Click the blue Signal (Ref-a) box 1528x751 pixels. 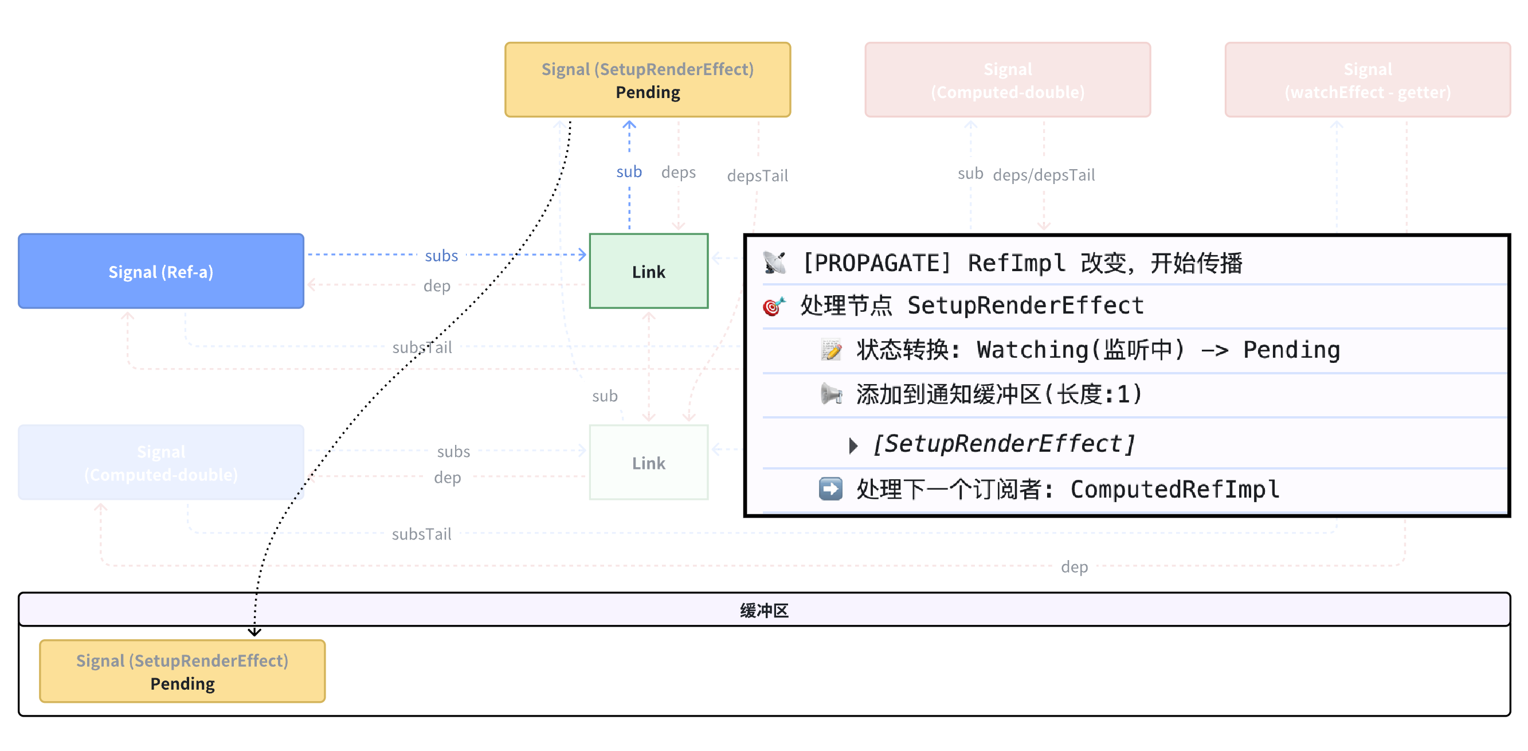tap(160, 271)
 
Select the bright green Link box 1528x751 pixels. tap(648, 271)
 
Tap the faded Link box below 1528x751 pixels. tap(648, 462)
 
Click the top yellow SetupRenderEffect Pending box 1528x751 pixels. tap(647, 80)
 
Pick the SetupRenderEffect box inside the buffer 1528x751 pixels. tap(182, 671)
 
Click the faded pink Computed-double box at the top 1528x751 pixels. tap(1007, 80)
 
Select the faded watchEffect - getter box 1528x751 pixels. tap(1368, 80)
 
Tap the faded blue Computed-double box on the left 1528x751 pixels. tap(160, 462)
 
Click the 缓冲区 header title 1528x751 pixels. tap(764, 610)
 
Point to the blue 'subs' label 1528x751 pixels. tap(441, 255)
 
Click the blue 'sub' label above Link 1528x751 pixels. tap(629, 171)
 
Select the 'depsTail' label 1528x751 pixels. tap(758, 175)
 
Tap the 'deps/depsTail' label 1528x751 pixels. tap(1043, 175)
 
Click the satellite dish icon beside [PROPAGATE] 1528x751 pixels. tap(774, 262)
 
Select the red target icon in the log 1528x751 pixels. tap(774, 306)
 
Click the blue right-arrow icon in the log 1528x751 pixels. tap(830, 489)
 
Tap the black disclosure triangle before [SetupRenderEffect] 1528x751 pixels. tap(853, 445)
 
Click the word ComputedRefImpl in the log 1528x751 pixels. tap(1174, 489)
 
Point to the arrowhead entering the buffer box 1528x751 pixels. tap(254, 632)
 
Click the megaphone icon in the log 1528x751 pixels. tap(831, 394)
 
